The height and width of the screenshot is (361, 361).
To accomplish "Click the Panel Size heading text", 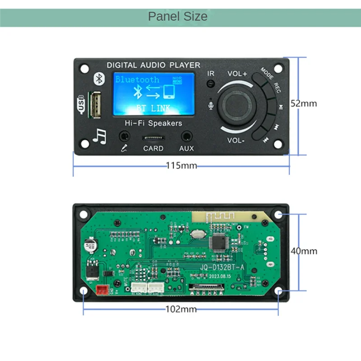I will [178, 17].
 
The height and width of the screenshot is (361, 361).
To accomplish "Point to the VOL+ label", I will [237, 74].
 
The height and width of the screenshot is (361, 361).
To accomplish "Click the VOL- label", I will [236, 140].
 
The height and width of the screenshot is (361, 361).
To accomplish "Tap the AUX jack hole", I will [186, 136].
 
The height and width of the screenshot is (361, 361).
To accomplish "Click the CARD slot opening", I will [153, 137].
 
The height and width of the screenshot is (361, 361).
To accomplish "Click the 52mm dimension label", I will [303, 103].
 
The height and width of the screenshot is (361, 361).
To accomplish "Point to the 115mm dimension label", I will [181, 166].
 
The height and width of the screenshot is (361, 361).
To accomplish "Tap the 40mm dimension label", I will [303, 251].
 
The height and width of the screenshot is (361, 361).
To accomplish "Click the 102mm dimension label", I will [181, 310].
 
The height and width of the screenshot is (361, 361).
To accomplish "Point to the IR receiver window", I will [210, 84].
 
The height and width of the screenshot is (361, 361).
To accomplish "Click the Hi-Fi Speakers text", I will [153, 123].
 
